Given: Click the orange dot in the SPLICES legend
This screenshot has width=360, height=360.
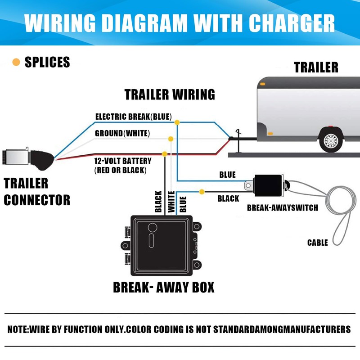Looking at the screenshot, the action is (16, 62).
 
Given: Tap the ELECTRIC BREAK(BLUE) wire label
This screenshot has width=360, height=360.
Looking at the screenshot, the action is (133, 117).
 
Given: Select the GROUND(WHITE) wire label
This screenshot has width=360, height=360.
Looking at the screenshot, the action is (122, 134).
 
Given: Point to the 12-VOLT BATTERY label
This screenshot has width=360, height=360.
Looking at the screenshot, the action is (122, 161).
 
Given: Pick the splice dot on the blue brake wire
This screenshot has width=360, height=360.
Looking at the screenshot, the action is (177, 122).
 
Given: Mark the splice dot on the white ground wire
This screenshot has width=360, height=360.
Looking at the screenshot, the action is (171, 138).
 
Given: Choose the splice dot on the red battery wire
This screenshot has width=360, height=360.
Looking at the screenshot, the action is (164, 154).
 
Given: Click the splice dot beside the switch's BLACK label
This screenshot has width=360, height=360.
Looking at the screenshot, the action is (202, 192).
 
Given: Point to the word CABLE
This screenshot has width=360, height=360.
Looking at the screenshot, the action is (318, 243).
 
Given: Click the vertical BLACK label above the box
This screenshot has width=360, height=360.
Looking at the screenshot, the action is (158, 201).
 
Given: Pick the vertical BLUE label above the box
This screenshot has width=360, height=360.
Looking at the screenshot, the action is (183, 203).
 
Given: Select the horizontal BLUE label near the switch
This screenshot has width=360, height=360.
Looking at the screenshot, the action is (227, 175).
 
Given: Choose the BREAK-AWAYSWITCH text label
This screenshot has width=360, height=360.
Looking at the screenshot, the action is (282, 208).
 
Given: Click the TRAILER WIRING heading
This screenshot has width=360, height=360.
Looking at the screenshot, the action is (170, 94).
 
